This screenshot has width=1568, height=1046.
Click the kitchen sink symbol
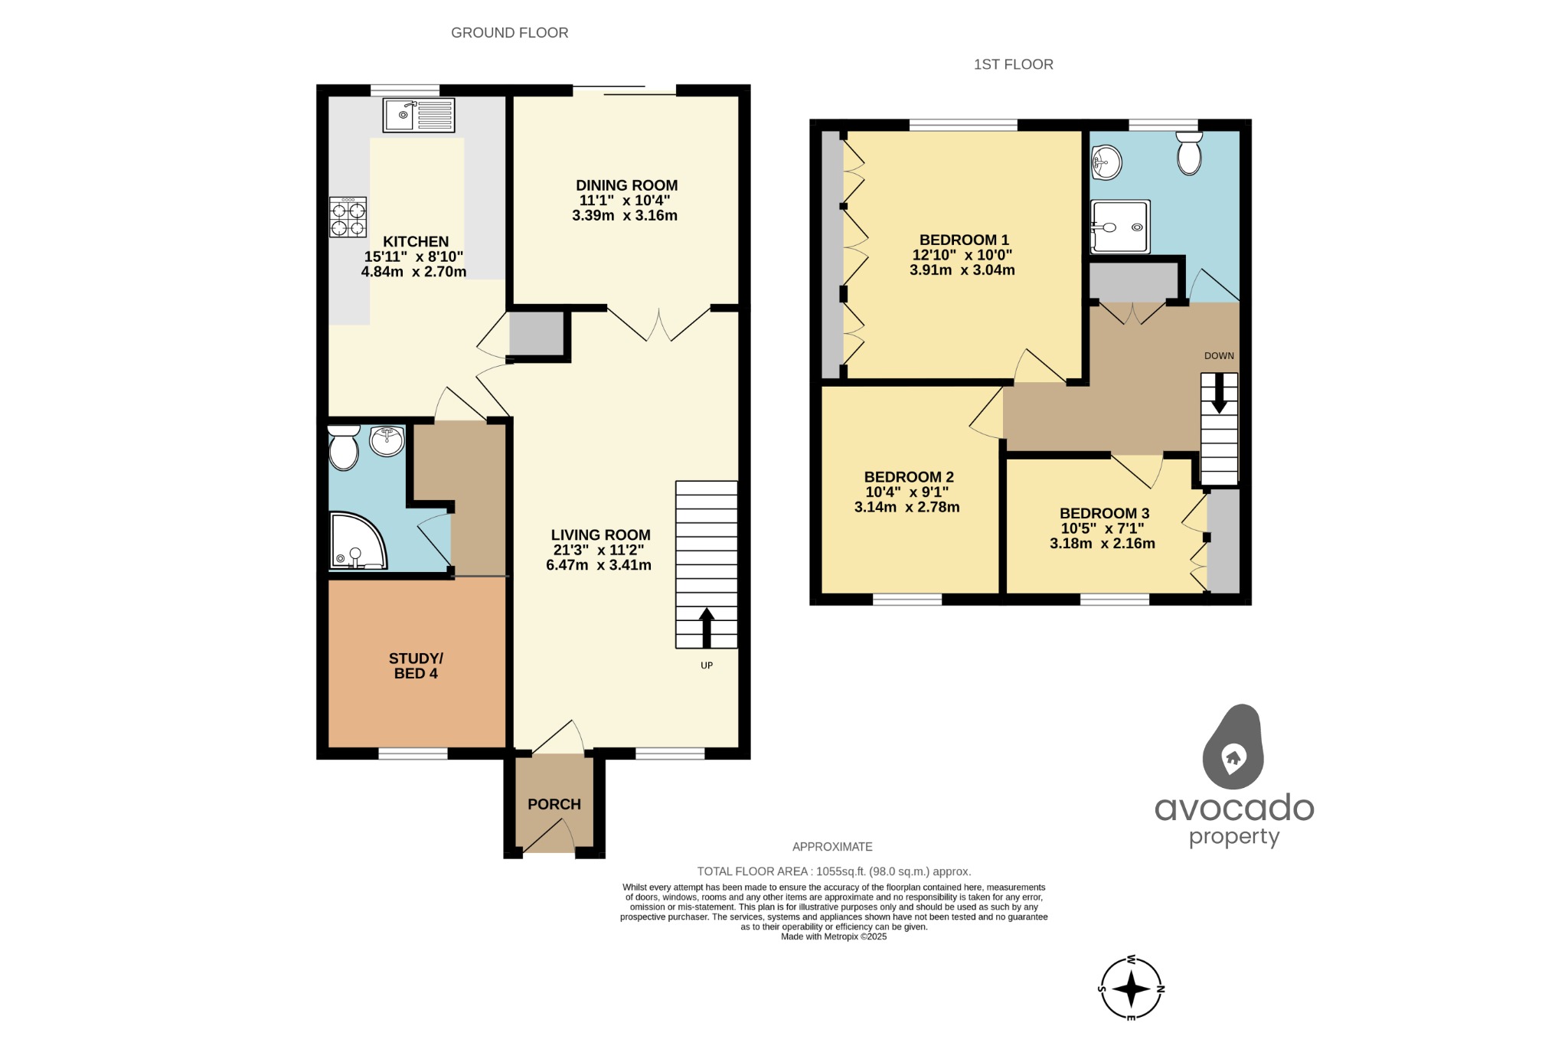click(418, 115)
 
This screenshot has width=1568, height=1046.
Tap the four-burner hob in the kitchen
click(348, 217)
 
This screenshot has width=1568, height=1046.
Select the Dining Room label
click(626, 185)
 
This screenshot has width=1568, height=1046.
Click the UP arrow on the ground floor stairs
click(706, 627)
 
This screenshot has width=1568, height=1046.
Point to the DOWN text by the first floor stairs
click(1219, 356)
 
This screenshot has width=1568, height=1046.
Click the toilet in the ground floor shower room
click(344, 448)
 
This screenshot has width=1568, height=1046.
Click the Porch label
click(554, 804)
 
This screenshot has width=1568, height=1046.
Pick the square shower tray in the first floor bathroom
click(1119, 227)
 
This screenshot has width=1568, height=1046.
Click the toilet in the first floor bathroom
click(1189, 153)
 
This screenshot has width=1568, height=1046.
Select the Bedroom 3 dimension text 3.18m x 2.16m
click(1102, 544)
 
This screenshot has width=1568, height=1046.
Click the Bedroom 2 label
click(908, 477)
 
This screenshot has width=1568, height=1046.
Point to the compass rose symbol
click(1131, 989)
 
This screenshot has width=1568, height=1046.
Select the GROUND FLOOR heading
click(509, 33)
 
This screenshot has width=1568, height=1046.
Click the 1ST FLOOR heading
click(1013, 64)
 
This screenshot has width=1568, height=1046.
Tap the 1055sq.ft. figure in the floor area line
click(841, 871)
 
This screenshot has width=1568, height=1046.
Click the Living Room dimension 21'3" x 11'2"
click(598, 550)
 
